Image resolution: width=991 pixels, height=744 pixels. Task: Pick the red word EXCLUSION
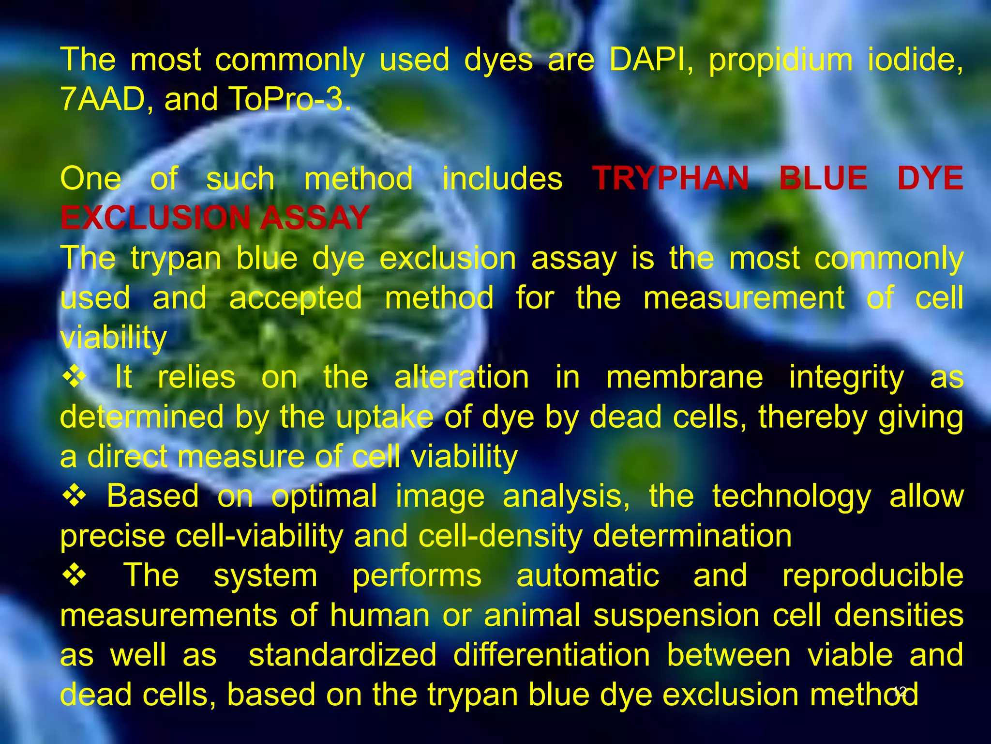(x=155, y=217)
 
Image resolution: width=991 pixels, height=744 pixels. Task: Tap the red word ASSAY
(x=315, y=217)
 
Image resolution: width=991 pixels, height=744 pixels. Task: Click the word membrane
(x=685, y=377)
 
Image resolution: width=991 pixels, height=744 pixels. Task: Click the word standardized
(x=343, y=655)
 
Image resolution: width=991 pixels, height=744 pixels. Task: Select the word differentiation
(x=552, y=655)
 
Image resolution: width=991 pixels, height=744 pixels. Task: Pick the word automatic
(x=587, y=575)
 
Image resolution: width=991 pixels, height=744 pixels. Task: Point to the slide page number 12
(x=900, y=691)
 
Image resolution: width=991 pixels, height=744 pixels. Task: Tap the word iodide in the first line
(x=915, y=60)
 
